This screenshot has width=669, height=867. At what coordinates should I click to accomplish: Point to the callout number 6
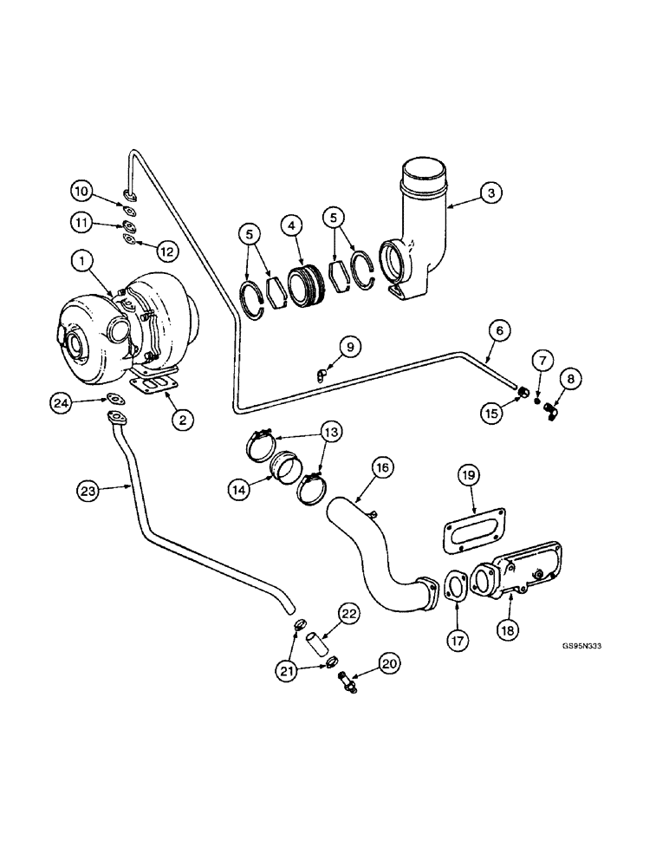click(501, 330)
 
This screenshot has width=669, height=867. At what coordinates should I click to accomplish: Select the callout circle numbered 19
click(467, 475)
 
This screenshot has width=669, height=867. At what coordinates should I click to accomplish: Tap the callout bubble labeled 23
click(88, 491)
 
